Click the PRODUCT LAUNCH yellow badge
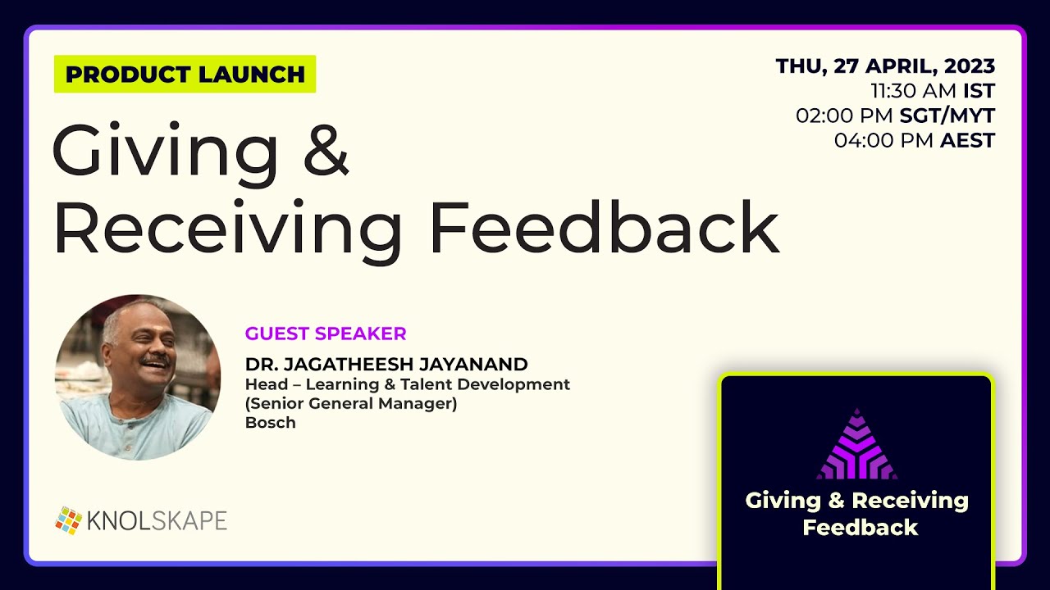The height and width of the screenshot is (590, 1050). (x=185, y=74)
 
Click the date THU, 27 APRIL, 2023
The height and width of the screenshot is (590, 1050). (x=885, y=66)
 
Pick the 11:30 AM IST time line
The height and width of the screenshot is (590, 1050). (x=933, y=91)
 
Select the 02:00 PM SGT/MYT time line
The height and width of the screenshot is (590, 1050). (x=895, y=116)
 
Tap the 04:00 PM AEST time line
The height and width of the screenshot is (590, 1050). (x=914, y=140)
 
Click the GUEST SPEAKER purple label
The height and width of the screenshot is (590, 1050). (x=326, y=334)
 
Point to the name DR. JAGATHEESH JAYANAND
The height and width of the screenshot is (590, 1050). (x=386, y=364)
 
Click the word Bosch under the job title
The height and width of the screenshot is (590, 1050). (x=270, y=423)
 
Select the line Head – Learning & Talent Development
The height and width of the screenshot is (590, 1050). (x=407, y=383)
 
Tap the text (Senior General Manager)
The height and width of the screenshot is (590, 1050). (x=351, y=403)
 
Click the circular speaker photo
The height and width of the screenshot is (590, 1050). (x=138, y=377)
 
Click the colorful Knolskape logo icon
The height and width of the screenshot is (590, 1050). (x=68, y=520)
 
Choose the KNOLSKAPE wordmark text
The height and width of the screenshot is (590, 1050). (x=157, y=520)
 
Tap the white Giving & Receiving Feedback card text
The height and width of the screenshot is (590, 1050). (x=856, y=513)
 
